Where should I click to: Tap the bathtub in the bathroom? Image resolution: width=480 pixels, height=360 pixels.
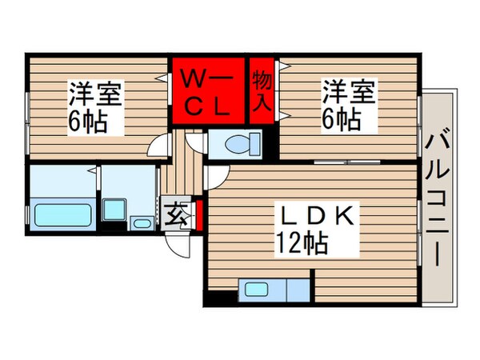click(64, 215)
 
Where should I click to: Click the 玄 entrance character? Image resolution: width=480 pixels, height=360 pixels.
click(174, 214)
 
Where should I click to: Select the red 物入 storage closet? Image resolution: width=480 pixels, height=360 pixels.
click(262, 90)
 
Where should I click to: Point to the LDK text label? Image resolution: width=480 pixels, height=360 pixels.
click(316, 215)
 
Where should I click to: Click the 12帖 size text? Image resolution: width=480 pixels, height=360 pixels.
click(302, 242)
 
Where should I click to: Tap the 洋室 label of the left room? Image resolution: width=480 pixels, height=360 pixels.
click(94, 94)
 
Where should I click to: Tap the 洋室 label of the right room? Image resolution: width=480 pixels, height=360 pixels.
click(347, 90)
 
